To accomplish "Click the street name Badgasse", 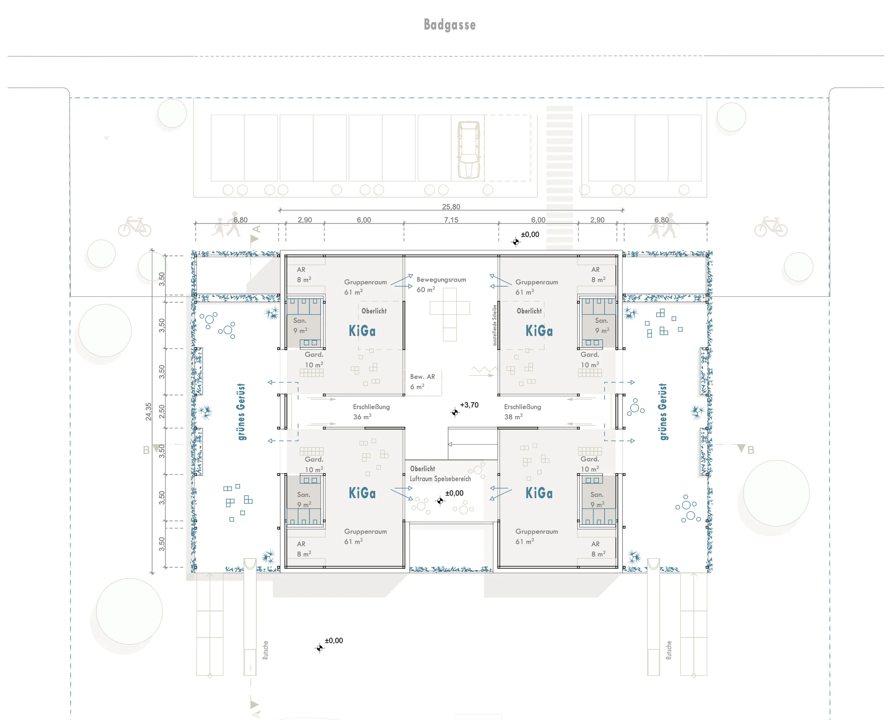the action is coord(450,25).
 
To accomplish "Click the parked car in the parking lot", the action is coord(469,150).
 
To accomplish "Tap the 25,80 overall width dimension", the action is coord(451,207).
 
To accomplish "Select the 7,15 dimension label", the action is coord(451,220).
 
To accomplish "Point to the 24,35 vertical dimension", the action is coord(148,412).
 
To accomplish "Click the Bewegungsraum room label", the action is coord(441,279).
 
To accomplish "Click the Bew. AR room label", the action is coord(422,377).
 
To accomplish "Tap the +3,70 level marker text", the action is coord(469,405).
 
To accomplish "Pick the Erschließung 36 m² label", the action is coord(371,412).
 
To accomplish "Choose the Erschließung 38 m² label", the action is coord(522,412).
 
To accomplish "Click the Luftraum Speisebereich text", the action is coord(440,479).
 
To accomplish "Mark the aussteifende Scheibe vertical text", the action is coord(495,325).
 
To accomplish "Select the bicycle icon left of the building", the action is coord(134,227).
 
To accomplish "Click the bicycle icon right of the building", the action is coord(771,227).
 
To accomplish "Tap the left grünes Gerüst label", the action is coord(241,412).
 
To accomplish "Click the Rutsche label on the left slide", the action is coord(265,650).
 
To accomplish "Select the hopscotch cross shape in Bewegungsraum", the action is coord(450,314).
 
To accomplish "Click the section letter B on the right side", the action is coord(751,450).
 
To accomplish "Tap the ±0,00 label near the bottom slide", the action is coord(334,640).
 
